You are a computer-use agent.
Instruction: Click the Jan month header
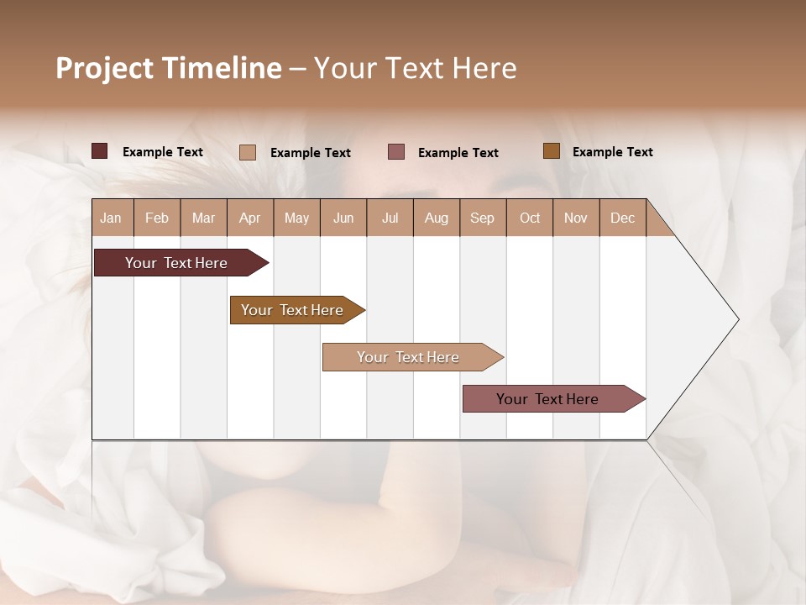point(112,218)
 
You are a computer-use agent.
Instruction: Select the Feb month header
point(157,218)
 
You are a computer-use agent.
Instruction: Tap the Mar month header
point(203,218)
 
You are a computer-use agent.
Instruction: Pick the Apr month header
point(250,218)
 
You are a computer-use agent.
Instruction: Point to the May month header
point(296,218)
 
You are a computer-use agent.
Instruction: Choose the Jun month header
point(343,218)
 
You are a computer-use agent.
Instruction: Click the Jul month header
point(390,218)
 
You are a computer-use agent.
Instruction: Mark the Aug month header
point(437,218)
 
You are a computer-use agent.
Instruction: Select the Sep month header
point(483,218)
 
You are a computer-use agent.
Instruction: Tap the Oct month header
point(530,218)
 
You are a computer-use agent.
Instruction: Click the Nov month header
point(576,218)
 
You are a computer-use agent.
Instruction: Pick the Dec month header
point(623,218)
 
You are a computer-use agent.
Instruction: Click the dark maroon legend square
point(100,151)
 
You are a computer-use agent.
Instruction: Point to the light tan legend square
point(248,152)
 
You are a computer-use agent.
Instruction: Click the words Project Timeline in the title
point(169,68)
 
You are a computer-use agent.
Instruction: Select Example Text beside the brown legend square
point(612,152)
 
